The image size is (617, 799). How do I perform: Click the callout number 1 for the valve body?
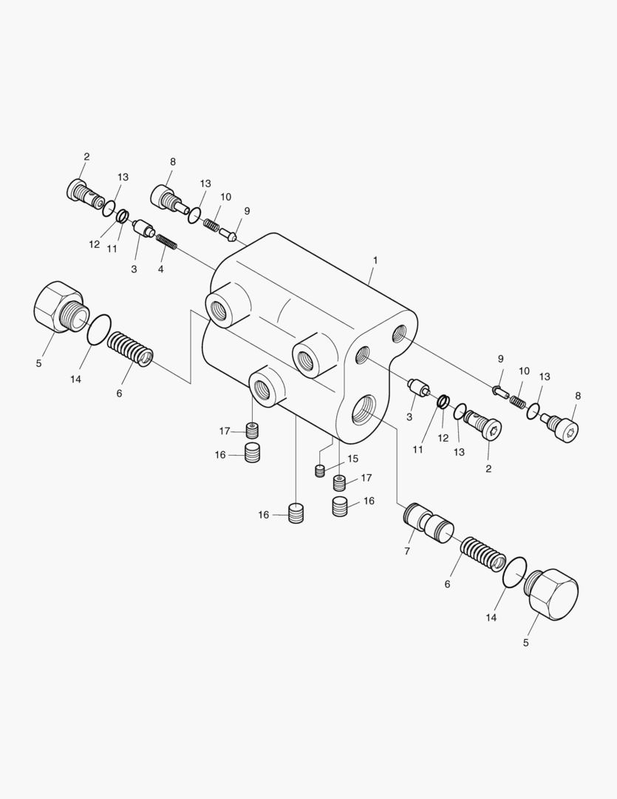[x=375, y=260]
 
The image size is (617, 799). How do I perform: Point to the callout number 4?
[x=160, y=269]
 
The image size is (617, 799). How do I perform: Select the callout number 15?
[x=352, y=459]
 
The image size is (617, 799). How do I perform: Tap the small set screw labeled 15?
[x=320, y=471]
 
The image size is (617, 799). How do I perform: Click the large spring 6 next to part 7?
[x=483, y=554]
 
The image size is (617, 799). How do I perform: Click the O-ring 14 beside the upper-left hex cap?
[x=99, y=330]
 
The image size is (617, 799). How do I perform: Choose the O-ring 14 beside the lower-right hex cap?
[x=514, y=573]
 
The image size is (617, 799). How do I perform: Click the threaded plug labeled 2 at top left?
[x=81, y=194]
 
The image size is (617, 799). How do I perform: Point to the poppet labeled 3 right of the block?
[x=419, y=388]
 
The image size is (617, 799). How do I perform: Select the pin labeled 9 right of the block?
[x=500, y=391]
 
